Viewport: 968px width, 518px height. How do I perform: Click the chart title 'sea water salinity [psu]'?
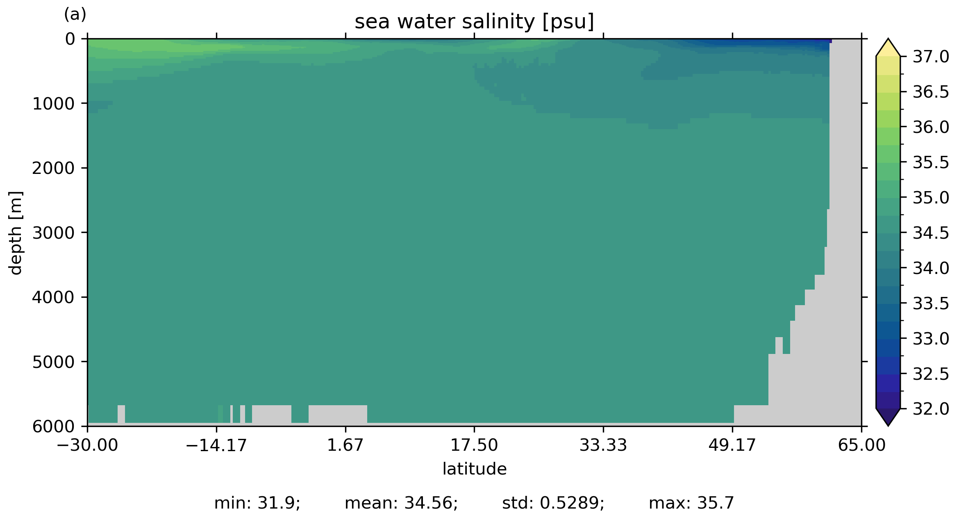point(474,22)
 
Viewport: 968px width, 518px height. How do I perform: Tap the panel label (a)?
point(75,15)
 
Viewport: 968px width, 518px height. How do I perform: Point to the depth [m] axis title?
point(16,233)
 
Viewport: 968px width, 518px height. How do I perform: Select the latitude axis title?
point(474,469)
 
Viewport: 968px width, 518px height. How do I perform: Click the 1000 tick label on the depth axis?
point(53,104)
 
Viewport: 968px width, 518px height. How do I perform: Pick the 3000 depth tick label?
point(53,233)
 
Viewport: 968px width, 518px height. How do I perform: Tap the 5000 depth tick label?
point(53,362)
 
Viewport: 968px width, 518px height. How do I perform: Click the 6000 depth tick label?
point(53,427)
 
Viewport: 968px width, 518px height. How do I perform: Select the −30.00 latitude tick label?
point(87,445)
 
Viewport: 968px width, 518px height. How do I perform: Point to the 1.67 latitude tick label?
point(345,445)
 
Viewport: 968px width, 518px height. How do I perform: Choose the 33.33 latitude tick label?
point(603,445)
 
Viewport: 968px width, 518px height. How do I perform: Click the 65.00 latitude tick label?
point(861,445)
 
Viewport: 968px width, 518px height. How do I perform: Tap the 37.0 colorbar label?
point(931,57)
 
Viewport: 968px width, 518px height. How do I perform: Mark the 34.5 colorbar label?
point(931,233)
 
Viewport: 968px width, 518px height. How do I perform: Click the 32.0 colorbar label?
point(931,409)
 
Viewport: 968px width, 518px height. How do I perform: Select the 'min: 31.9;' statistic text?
point(257,503)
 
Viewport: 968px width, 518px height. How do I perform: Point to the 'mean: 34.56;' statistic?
point(401,503)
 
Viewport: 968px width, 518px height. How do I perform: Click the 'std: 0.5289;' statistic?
point(553,503)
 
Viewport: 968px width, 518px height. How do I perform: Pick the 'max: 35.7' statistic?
point(691,503)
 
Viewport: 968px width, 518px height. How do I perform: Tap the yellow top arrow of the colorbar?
point(888,48)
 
